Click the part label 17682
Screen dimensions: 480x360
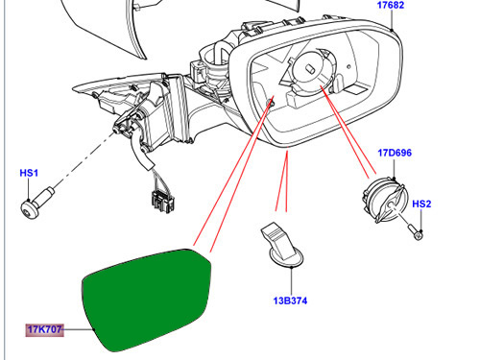pyautogui.click(x=391, y=5)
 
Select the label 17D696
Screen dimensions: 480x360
pyautogui.click(x=395, y=153)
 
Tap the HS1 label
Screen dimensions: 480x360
pyautogui.click(x=29, y=173)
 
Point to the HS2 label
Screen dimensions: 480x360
pyautogui.click(x=421, y=204)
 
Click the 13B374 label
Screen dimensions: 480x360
pyautogui.click(x=290, y=300)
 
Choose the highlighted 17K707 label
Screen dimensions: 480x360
pyautogui.click(x=44, y=329)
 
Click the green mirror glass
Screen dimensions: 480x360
pyautogui.click(x=146, y=300)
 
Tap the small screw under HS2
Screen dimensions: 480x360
pyautogui.click(x=416, y=231)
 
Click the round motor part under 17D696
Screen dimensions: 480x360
pyautogui.click(x=385, y=199)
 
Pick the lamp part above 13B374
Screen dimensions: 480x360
pyautogui.click(x=281, y=245)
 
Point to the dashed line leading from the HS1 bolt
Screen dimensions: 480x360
pyautogui.click(x=84, y=159)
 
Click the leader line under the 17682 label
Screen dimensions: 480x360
pyautogui.click(x=392, y=20)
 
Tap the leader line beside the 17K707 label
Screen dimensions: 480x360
pyautogui.click(x=79, y=329)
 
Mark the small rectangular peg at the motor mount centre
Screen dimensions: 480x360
pyautogui.click(x=310, y=69)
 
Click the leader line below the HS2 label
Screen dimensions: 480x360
pyautogui.click(x=421, y=220)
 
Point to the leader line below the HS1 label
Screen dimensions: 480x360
pyautogui.click(x=29, y=189)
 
